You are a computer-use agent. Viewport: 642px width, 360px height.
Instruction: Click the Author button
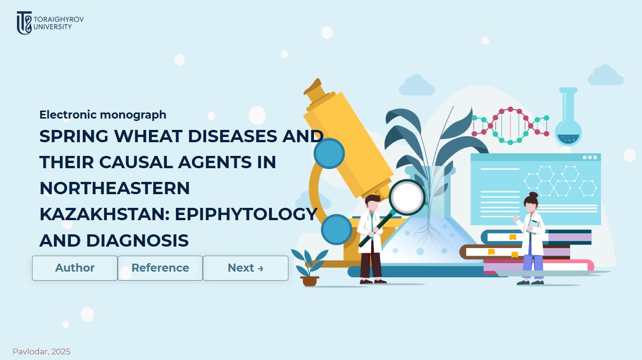75,268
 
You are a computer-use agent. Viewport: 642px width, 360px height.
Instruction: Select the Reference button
160,268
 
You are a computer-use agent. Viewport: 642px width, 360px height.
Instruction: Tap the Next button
245,268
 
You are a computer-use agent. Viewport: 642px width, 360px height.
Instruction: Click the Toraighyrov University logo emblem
24,23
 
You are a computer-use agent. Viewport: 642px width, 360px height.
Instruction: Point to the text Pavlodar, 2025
42,351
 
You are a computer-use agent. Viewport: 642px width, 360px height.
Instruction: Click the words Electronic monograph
103,114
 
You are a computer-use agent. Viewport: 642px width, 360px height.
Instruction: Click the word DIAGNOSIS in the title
137,240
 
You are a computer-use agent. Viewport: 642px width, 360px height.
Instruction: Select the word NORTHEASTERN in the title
114,188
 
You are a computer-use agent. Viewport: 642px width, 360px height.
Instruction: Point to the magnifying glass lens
407,197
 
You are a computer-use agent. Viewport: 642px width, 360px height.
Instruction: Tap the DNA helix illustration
510,125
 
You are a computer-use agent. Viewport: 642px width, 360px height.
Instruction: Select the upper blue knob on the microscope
329,154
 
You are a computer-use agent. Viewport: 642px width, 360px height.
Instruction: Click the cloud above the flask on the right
605,76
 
